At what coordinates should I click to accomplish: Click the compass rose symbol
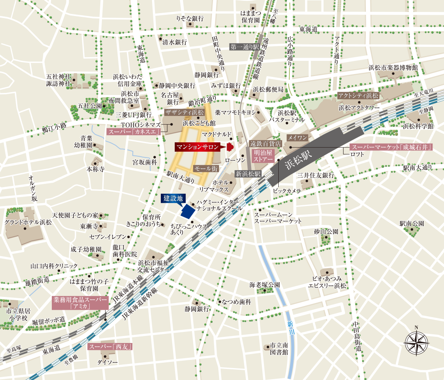[417, 341]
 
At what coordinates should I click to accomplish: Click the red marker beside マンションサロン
[230, 146]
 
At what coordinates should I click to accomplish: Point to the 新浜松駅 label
[248, 174]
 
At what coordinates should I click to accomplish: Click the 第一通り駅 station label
[245, 47]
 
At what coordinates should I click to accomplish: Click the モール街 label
[206, 168]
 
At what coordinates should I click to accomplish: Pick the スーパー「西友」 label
[110, 347]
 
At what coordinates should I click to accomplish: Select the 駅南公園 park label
[412, 223]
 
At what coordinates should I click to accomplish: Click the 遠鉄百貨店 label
[266, 144]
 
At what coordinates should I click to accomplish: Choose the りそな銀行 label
[190, 19]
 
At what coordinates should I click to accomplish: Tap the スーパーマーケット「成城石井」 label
[391, 147]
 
